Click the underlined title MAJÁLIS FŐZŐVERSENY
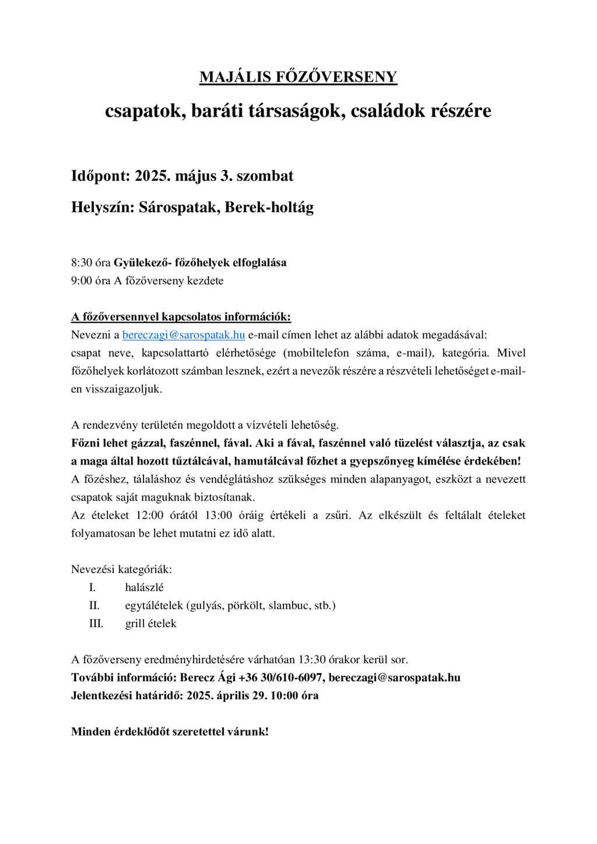pos(298,78)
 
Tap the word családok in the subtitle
pos(388,111)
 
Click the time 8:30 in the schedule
pos(82,263)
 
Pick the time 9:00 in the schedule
pos(82,281)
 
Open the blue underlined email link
pos(183,335)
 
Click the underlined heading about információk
pos(181,317)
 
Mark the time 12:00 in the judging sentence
pos(150,516)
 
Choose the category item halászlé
pos(144,588)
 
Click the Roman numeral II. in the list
pos(94,606)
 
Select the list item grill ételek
pos(150,624)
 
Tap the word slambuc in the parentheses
pos(289,606)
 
